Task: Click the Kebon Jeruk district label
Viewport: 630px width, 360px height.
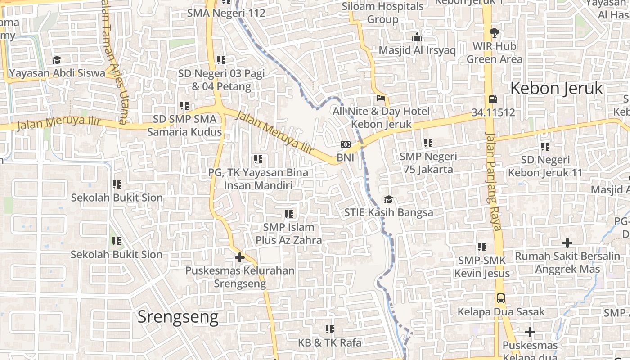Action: click(x=556, y=89)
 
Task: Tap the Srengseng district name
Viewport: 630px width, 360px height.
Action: click(x=178, y=317)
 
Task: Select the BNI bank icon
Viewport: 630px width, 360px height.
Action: click(x=346, y=144)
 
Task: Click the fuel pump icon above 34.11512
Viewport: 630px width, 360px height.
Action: click(x=493, y=99)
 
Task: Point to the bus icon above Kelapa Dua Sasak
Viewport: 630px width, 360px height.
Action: click(x=500, y=298)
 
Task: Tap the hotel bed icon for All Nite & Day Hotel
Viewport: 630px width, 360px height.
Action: click(x=381, y=98)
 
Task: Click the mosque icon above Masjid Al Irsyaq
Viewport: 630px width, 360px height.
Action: click(x=417, y=37)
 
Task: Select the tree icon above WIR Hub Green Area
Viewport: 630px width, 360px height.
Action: click(x=494, y=32)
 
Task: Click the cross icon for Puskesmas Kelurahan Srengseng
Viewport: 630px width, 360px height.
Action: click(x=240, y=257)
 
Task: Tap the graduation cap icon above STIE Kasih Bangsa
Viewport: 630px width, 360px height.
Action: click(x=388, y=199)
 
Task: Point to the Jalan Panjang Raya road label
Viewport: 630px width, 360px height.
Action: click(x=493, y=181)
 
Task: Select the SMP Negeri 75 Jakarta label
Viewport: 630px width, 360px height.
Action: click(x=428, y=163)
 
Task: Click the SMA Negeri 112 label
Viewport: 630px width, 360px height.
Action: click(x=226, y=13)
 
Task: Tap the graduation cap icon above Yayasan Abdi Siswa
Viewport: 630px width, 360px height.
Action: click(x=57, y=60)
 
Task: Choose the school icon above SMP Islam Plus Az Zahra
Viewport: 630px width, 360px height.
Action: click(x=288, y=214)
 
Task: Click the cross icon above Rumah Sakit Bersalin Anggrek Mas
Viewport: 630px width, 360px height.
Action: click(x=567, y=243)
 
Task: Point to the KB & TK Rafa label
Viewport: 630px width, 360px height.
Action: click(x=329, y=342)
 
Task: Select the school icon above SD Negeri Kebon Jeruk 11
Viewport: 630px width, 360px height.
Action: click(x=545, y=146)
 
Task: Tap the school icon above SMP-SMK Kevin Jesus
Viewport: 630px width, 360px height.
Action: click(x=481, y=247)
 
